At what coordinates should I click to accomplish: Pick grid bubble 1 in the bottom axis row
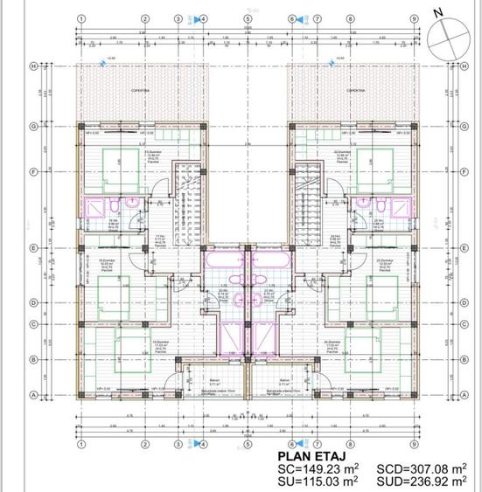pyautogui.click(x=80, y=443)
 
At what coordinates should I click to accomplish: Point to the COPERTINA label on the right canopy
pyautogui.click(x=355, y=89)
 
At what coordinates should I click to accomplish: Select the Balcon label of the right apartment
pyautogui.click(x=284, y=381)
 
